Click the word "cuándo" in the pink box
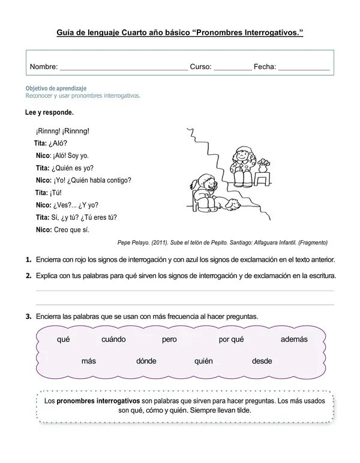click(x=113, y=339)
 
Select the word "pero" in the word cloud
click(x=169, y=339)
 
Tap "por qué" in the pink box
click(x=231, y=339)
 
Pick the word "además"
click(x=294, y=339)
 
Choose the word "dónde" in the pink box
click(x=146, y=361)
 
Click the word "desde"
click(x=262, y=361)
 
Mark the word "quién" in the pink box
click(x=203, y=361)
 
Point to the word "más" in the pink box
click(x=89, y=361)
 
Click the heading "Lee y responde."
click(x=50, y=112)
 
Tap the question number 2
click(x=28, y=276)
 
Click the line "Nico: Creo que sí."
click(x=62, y=229)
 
